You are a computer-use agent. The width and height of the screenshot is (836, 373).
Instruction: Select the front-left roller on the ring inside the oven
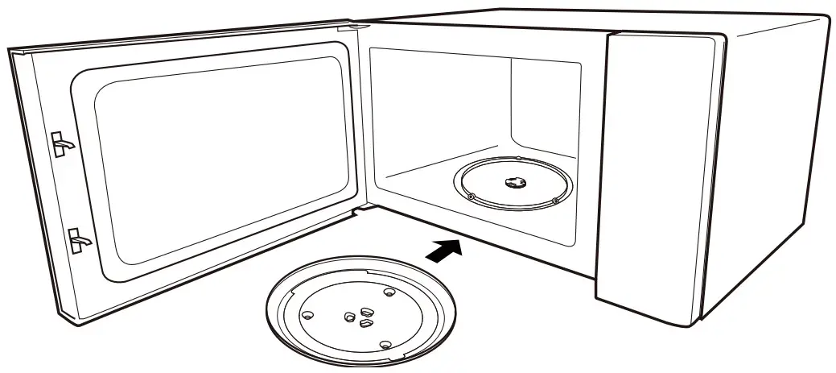[470, 195]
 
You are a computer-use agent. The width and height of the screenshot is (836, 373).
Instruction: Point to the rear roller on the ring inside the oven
[519, 159]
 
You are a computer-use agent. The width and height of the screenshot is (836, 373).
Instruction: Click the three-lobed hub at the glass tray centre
[358, 315]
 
